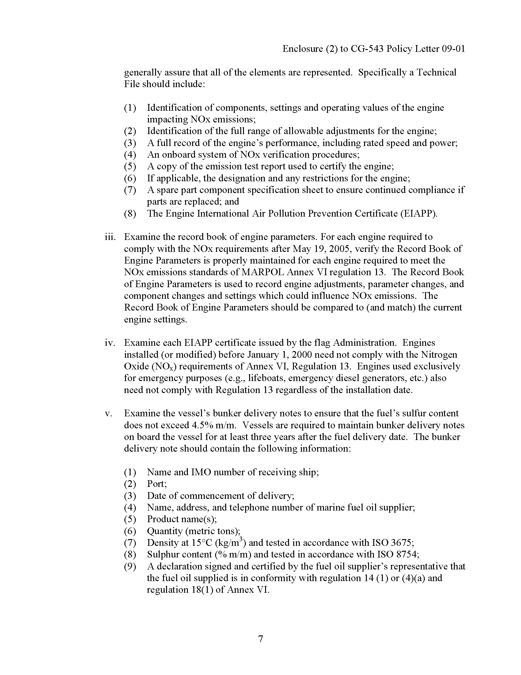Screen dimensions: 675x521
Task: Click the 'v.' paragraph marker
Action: point(108,414)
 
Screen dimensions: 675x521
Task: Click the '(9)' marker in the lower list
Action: point(130,566)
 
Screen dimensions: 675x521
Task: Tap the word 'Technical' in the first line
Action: point(436,72)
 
